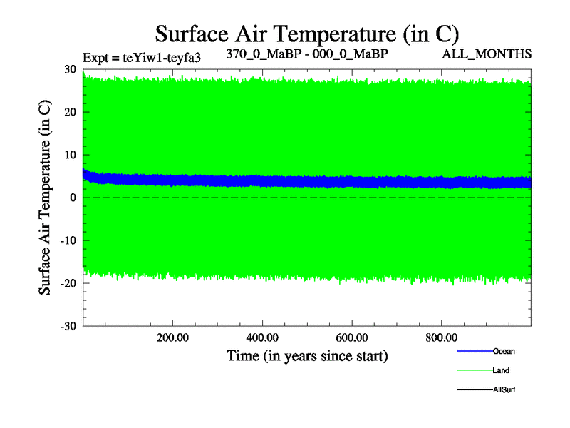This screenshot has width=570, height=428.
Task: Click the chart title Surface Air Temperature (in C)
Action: [306, 33]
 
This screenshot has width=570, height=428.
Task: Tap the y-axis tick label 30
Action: [70, 69]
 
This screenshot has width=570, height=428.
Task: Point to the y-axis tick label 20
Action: [70, 112]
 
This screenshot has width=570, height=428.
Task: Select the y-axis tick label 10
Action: [70, 155]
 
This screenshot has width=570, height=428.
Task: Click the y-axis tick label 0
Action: [73, 198]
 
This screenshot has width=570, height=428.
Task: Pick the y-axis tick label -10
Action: [68, 240]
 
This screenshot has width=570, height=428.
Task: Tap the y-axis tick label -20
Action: [68, 283]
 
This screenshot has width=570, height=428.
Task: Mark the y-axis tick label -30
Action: [68, 326]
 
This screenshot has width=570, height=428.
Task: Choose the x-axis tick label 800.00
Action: [441, 337]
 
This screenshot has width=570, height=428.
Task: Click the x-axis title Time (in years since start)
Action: [307, 355]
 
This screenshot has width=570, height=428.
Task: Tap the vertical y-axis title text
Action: [45, 198]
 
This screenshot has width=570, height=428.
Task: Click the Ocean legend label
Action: [504, 351]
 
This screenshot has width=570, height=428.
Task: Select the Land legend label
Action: [501, 370]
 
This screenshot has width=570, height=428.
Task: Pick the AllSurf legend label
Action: [504, 389]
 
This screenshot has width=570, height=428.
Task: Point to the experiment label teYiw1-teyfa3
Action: [142, 57]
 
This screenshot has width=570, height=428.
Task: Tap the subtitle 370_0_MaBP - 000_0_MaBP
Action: [307, 53]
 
